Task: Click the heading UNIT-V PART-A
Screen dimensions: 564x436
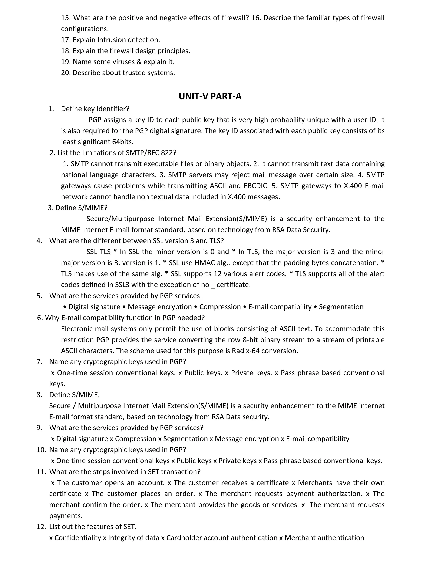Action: tap(210, 96)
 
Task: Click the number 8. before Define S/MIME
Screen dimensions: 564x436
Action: tap(39, 395)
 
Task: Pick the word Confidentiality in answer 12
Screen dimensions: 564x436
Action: tap(77, 538)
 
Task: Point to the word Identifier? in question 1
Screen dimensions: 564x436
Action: tap(113, 109)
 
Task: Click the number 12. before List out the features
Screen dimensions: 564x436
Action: tap(41, 527)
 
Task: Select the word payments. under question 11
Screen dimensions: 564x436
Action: tap(66, 516)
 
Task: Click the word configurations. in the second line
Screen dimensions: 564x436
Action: tap(85, 29)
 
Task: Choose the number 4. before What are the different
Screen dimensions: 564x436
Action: tap(39, 241)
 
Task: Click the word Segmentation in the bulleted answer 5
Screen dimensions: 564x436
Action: tap(341, 307)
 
